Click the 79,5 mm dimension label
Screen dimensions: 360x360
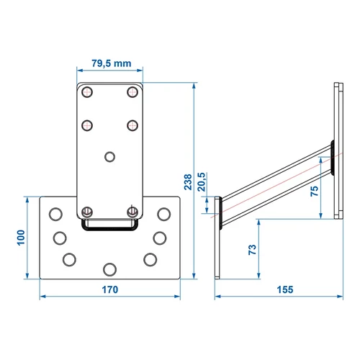click(112, 63)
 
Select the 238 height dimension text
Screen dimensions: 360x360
click(188, 182)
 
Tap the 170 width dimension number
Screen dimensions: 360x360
click(110, 289)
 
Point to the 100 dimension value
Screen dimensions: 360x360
click(21, 238)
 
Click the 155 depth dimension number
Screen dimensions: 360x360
click(285, 289)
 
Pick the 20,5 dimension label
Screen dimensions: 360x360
click(202, 181)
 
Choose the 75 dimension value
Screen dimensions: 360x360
click(315, 191)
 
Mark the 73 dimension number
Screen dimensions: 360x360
click(252, 250)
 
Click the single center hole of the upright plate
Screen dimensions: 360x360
click(110, 157)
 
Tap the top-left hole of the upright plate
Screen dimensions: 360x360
click(87, 92)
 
